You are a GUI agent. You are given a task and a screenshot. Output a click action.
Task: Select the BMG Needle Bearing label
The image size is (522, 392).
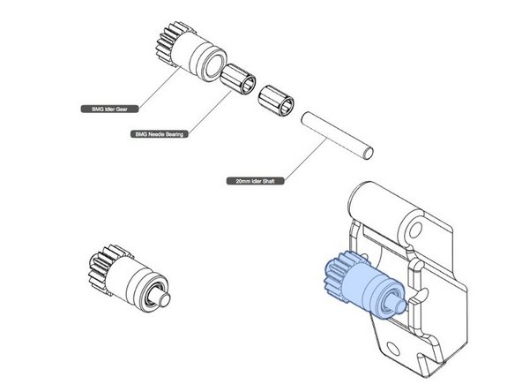click(161, 134)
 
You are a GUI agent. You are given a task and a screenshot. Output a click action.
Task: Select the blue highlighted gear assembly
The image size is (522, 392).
click(361, 285)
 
